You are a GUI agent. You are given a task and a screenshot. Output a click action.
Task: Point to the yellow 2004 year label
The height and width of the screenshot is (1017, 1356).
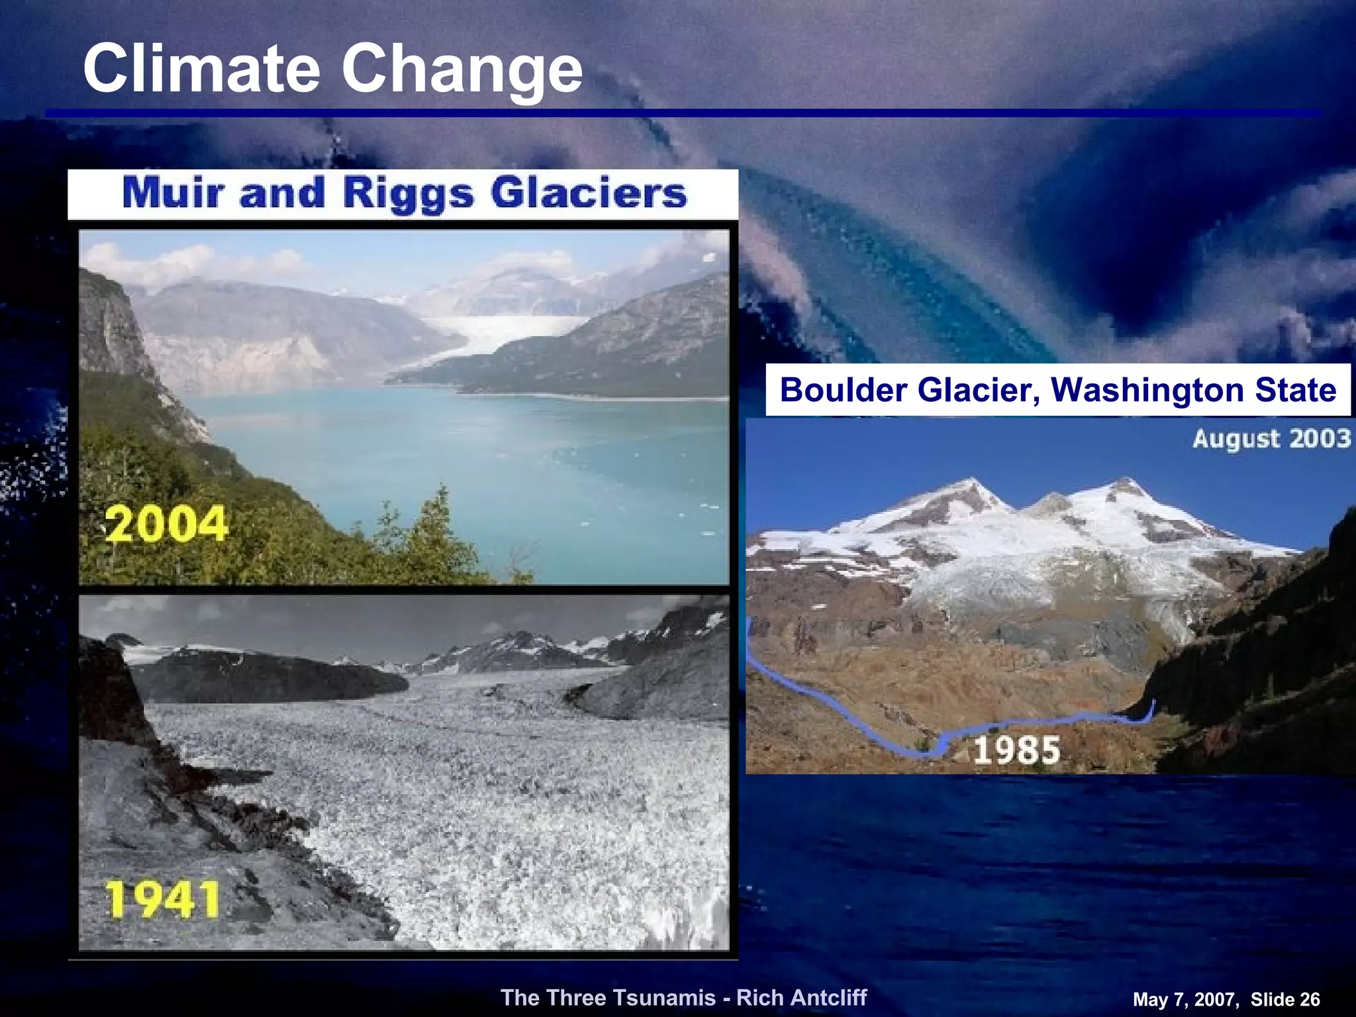pos(167,524)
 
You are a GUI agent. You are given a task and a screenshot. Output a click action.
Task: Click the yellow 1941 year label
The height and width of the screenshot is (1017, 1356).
pos(163,900)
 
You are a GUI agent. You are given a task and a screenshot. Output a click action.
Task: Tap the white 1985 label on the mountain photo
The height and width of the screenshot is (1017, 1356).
pos(1016,750)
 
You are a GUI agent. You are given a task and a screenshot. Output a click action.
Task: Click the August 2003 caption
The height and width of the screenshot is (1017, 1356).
pos(1271,438)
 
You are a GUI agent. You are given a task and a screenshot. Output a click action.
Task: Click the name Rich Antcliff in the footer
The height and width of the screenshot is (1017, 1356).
pos(801,997)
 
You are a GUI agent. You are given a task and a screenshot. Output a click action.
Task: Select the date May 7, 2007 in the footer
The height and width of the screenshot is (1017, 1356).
pos(1185,999)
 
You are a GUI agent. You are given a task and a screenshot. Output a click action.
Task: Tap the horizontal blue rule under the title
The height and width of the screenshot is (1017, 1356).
pos(682,113)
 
